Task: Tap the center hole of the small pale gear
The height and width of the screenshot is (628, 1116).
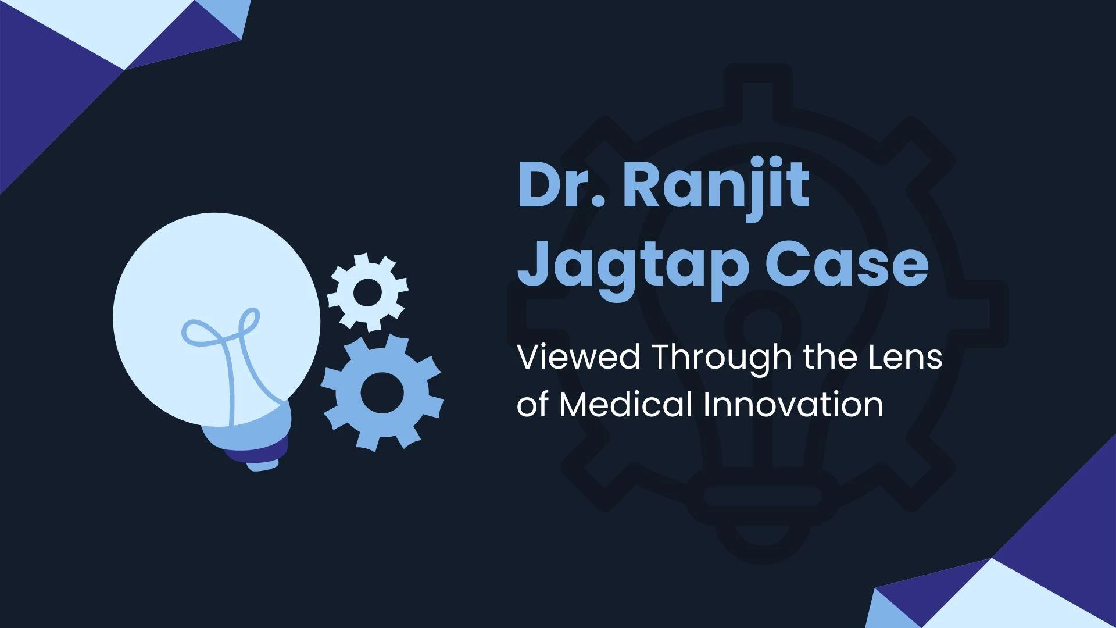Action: coord(367,292)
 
